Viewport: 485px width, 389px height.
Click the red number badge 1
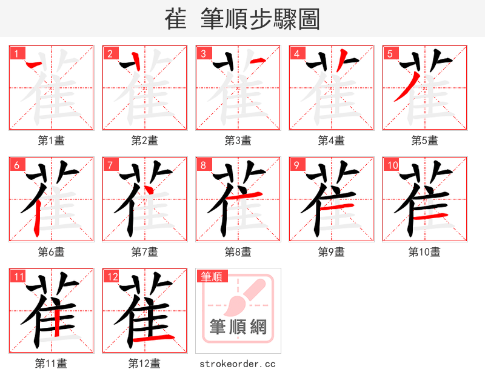[x=16, y=53]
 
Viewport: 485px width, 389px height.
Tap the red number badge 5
[x=390, y=53]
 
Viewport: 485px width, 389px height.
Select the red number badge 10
[x=392, y=165]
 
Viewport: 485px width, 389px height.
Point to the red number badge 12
[x=112, y=277]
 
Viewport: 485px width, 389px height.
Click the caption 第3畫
[x=238, y=141]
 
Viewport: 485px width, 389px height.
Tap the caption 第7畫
[x=144, y=252]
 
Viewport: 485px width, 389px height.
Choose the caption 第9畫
[x=331, y=252]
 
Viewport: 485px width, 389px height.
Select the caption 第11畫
[x=51, y=364]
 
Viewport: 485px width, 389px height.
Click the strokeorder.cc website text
[x=238, y=364]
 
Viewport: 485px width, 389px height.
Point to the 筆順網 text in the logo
[x=238, y=327]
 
